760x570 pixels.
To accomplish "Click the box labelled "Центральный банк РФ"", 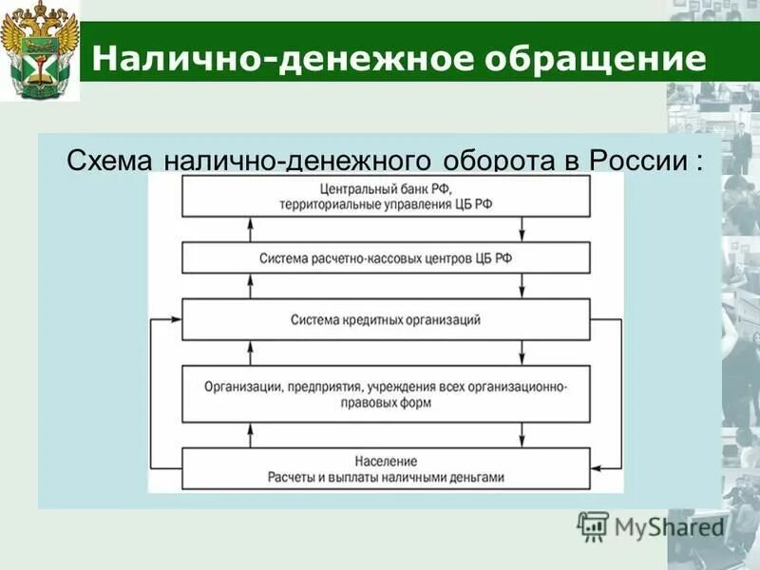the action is point(386,195).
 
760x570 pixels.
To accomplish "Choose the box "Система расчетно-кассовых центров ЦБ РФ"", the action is point(386,257).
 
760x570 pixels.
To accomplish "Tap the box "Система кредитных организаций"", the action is point(386,319).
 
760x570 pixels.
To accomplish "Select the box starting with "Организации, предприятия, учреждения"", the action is point(386,393).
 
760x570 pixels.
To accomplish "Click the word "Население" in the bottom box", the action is point(386,461).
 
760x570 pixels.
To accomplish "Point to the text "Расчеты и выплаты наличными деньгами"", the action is point(386,478).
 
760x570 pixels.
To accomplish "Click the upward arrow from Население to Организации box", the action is point(250,435).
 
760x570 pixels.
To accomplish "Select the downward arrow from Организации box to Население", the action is point(522,435).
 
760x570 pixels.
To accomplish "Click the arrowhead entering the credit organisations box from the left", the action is point(175,321).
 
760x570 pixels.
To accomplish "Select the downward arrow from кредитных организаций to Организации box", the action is point(522,352).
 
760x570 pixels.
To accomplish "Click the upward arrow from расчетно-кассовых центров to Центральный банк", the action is point(250,229).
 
